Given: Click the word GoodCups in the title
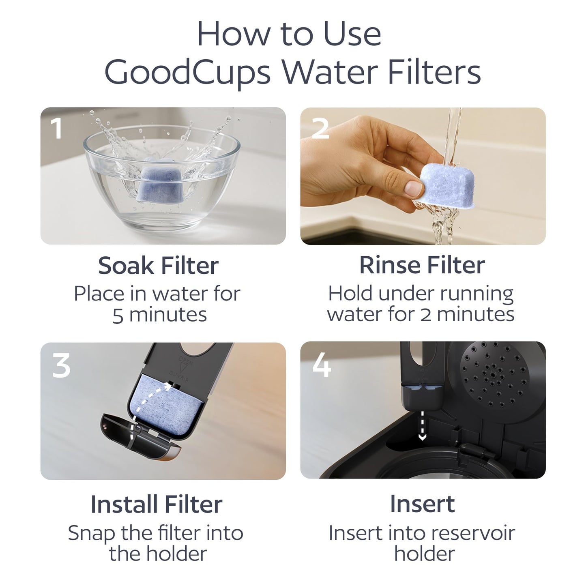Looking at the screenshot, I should click(187, 73).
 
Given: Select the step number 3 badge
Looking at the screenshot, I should click(62, 365).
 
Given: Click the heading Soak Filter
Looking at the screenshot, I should click(158, 266).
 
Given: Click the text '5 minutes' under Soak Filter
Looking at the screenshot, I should click(159, 315).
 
